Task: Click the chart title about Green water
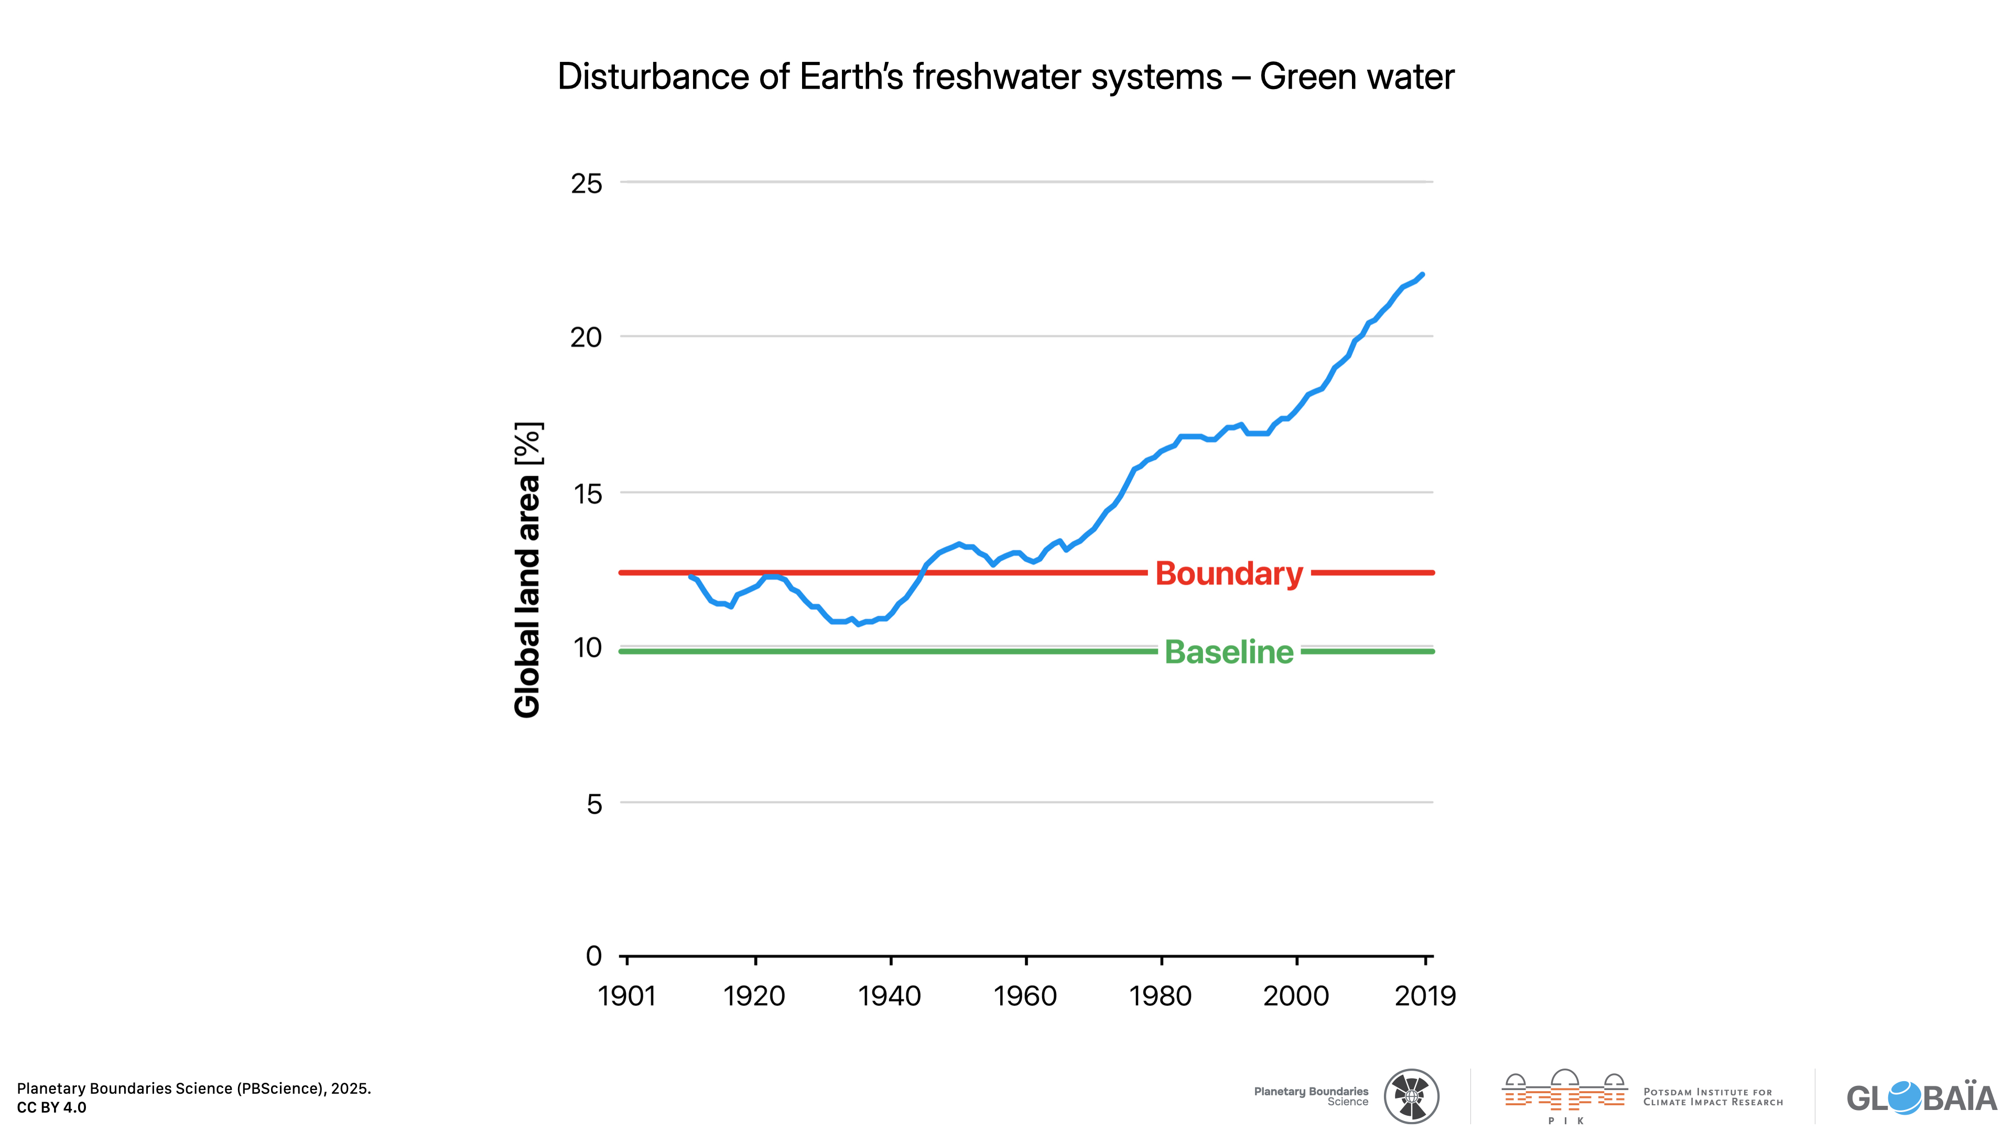(x=1006, y=77)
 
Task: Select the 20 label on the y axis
(x=586, y=338)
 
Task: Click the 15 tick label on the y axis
(x=587, y=493)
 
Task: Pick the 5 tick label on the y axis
(x=594, y=804)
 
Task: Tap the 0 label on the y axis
(x=594, y=955)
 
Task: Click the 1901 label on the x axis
(x=627, y=996)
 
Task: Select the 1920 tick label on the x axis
(x=754, y=996)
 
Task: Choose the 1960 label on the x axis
(x=1025, y=996)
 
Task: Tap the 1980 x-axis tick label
(x=1161, y=996)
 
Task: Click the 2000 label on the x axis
(x=1296, y=996)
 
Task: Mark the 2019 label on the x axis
(x=1425, y=996)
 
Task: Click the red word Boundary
(x=1228, y=573)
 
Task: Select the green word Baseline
(x=1228, y=652)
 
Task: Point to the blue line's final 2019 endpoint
(x=1422, y=275)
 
